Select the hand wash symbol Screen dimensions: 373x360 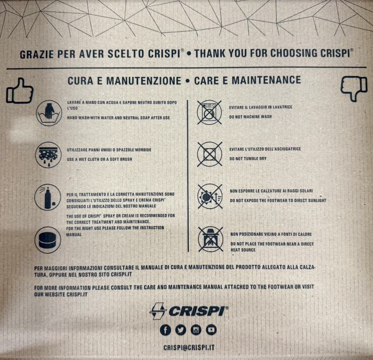click(49, 113)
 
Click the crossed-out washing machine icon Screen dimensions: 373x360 click(210, 112)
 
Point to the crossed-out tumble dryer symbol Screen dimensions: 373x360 click(210, 154)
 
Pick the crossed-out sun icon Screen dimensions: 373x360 click(210, 196)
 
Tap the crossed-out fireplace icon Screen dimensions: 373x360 click(211, 239)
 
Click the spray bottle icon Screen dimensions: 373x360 click(48, 197)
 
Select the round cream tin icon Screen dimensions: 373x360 click(48, 240)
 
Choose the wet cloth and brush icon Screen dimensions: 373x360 click(49, 155)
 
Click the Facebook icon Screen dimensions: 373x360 click(165, 330)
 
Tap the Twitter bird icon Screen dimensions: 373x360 click(181, 330)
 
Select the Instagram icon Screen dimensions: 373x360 click(196, 330)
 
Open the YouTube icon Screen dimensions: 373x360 click(211, 330)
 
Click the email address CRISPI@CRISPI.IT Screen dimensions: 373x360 click(189, 347)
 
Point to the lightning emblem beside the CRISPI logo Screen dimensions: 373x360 click(158, 311)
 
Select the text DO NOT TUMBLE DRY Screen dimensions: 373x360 click(248, 159)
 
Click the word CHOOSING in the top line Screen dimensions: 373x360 click(294, 53)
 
